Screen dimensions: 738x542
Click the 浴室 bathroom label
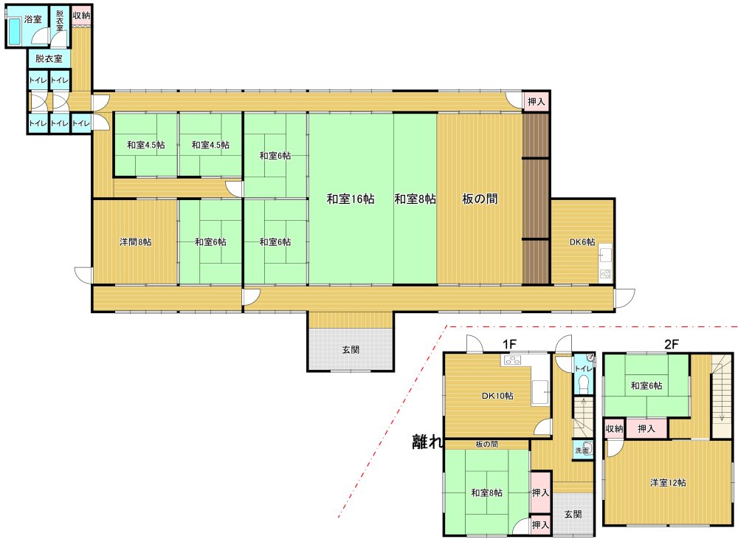[33, 19]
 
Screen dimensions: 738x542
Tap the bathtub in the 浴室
[15, 32]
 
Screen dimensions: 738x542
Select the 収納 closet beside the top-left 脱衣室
[81, 16]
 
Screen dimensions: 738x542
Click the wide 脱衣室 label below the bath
[49, 59]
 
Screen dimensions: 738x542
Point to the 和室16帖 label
[351, 199]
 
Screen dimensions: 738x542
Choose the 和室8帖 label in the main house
[415, 199]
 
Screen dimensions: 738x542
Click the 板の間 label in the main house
[480, 199]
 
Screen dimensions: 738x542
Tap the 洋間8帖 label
[136, 241]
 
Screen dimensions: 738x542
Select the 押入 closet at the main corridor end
[536, 101]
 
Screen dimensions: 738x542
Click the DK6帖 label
[582, 241]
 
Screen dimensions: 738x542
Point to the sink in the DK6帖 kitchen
[605, 255]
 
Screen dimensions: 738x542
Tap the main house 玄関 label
[351, 349]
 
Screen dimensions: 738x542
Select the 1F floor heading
[510, 344]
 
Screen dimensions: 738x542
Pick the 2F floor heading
[672, 344]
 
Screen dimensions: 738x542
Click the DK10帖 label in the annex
[497, 396]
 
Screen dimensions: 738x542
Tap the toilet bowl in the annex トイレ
[584, 384]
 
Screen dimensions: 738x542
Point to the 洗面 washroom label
[582, 450]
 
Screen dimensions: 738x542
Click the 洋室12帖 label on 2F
[668, 483]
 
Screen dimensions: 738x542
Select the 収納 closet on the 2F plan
[614, 428]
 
